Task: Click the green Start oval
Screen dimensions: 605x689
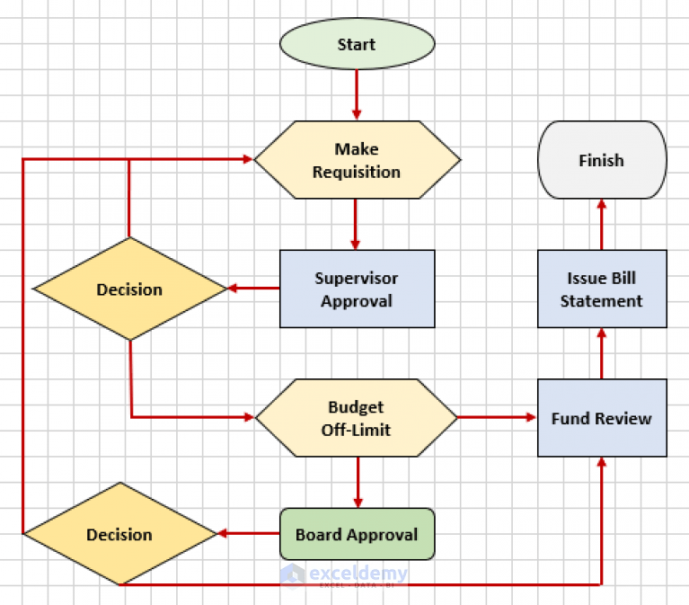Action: pos(357,44)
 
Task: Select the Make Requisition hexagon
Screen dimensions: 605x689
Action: pos(357,160)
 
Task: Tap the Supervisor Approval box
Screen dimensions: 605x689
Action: pos(357,289)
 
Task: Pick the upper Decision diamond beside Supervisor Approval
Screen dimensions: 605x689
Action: pos(129,289)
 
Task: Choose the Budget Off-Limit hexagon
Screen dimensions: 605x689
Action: pos(357,418)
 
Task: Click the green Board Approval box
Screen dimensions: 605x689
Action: pos(357,534)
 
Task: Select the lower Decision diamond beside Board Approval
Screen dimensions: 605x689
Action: pos(119,535)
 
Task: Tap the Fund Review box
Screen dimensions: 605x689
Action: pos(601,418)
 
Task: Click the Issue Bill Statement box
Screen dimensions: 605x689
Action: pos(601,289)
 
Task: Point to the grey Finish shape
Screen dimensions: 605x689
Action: pos(601,160)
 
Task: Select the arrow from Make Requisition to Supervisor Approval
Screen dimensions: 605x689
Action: pos(357,224)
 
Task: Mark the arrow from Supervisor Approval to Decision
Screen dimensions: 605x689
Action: pos(253,289)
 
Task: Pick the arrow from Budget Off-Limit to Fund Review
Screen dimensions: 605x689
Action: pos(497,417)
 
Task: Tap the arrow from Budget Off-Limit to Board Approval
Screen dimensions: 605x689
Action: pos(358,482)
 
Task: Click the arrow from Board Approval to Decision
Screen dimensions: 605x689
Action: pos(248,534)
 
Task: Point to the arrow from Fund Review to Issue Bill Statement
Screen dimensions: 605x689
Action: pos(601,352)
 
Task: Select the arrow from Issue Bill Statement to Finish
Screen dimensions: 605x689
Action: pos(601,224)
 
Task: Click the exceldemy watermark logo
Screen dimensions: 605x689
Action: pos(344,574)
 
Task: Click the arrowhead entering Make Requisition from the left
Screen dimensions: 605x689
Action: pos(247,159)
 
